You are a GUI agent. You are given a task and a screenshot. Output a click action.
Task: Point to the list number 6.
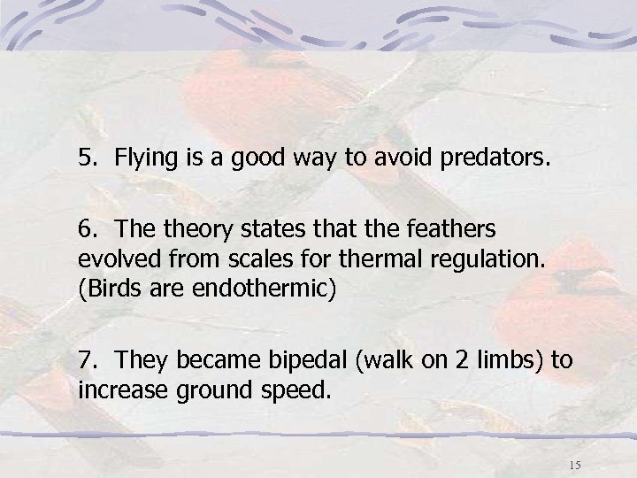click(85, 229)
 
